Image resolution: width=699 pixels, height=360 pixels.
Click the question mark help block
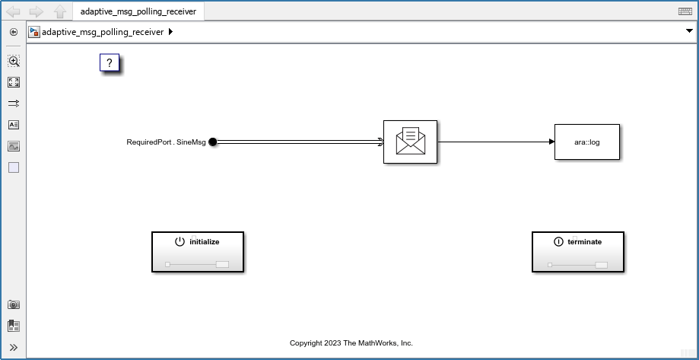[x=110, y=63]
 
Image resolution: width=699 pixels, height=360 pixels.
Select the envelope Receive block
[x=410, y=142]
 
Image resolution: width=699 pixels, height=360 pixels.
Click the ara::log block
[x=586, y=142]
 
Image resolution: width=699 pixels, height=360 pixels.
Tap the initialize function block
[x=198, y=251]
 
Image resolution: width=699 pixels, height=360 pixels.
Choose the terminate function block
[x=577, y=251]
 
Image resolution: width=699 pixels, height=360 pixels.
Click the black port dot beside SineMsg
[x=213, y=142]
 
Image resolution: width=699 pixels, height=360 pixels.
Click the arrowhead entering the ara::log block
[x=551, y=142]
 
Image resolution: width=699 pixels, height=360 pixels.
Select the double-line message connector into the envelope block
[x=297, y=142]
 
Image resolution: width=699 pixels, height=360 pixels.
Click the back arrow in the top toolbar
[x=13, y=11]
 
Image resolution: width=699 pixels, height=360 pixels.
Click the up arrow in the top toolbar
[x=60, y=11]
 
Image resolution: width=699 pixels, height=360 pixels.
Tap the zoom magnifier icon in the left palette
[x=14, y=61]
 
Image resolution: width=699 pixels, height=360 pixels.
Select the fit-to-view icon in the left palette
[x=14, y=82]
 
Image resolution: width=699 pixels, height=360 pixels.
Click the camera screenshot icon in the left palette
[x=14, y=304]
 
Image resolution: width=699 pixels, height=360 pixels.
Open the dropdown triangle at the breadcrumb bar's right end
[x=689, y=32]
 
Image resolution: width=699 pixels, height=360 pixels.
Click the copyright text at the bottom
[x=351, y=343]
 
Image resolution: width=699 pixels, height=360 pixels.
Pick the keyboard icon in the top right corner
[x=685, y=11]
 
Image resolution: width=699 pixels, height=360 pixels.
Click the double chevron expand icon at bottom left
[x=14, y=347]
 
